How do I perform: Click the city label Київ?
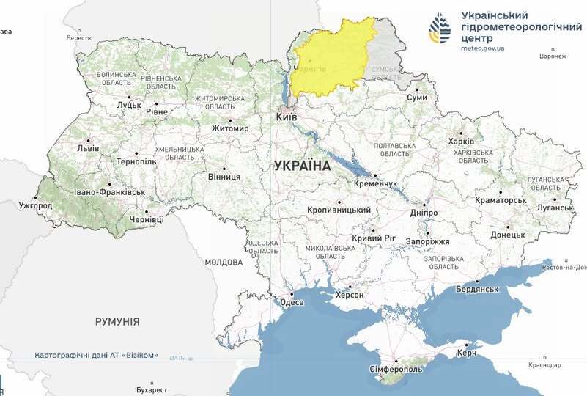click(x=287, y=117)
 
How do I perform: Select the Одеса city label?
click(x=292, y=302)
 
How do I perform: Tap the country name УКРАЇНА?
click(x=303, y=166)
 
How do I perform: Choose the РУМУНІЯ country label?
click(x=117, y=321)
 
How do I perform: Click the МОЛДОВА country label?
click(x=224, y=262)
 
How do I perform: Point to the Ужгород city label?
click(x=35, y=205)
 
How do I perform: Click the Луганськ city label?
click(x=554, y=208)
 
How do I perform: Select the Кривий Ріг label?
click(x=373, y=238)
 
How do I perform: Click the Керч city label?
click(x=467, y=353)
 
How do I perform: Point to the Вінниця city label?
click(x=224, y=177)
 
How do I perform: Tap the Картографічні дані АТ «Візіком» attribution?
click(x=97, y=355)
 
